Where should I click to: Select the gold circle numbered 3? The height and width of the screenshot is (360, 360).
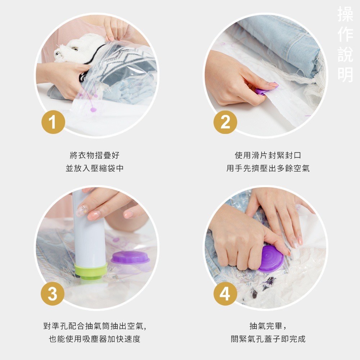pyautogui.click(x=53, y=294)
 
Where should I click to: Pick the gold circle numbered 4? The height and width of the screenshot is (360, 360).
pyautogui.click(x=225, y=294)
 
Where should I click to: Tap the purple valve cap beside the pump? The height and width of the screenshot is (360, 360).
pyautogui.click(x=130, y=258)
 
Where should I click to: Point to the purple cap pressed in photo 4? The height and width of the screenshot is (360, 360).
pyautogui.click(x=271, y=258)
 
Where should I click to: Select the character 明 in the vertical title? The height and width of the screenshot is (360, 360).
pyautogui.click(x=345, y=74)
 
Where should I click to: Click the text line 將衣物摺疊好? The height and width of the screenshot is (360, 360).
pyautogui.click(x=94, y=156)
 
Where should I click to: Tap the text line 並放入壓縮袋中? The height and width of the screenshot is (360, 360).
pyautogui.click(x=94, y=168)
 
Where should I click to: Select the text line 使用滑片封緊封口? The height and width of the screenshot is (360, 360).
pyautogui.click(x=268, y=156)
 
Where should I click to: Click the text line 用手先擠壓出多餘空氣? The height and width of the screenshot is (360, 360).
pyautogui.click(x=268, y=168)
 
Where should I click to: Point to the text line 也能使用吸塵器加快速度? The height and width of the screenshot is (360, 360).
pyautogui.click(x=94, y=339)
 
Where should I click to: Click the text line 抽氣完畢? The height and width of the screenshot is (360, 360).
pyautogui.click(x=268, y=326)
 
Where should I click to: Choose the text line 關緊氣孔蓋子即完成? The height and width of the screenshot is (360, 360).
pyautogui.click(x=268, y=339)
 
